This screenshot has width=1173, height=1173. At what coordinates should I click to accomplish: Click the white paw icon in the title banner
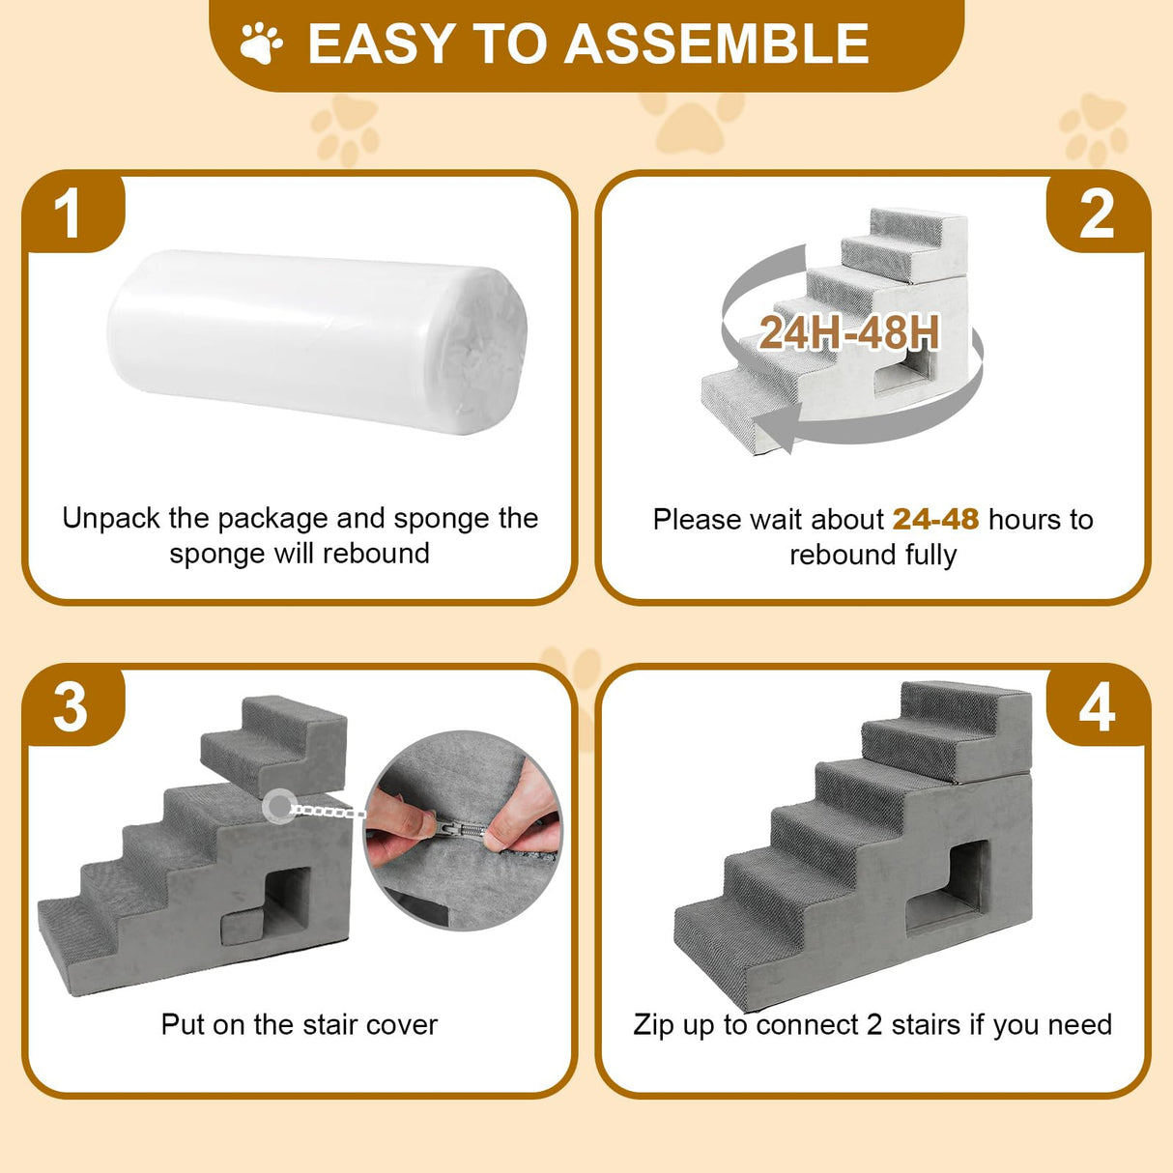pos(261,43)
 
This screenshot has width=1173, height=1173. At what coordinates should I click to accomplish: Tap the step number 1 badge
pos(68,214)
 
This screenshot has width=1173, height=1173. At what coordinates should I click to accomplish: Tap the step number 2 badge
pos(1097,214)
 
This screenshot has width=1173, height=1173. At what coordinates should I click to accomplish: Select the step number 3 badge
pos(70,707)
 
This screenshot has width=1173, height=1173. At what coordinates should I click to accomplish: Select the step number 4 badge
pos(1097,708)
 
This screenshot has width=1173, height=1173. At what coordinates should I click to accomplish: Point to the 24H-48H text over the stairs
pos(848,333)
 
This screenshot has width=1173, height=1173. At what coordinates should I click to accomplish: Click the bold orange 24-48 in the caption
pos(935,520)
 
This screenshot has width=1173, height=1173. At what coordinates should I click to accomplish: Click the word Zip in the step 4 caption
pos(653,1024)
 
